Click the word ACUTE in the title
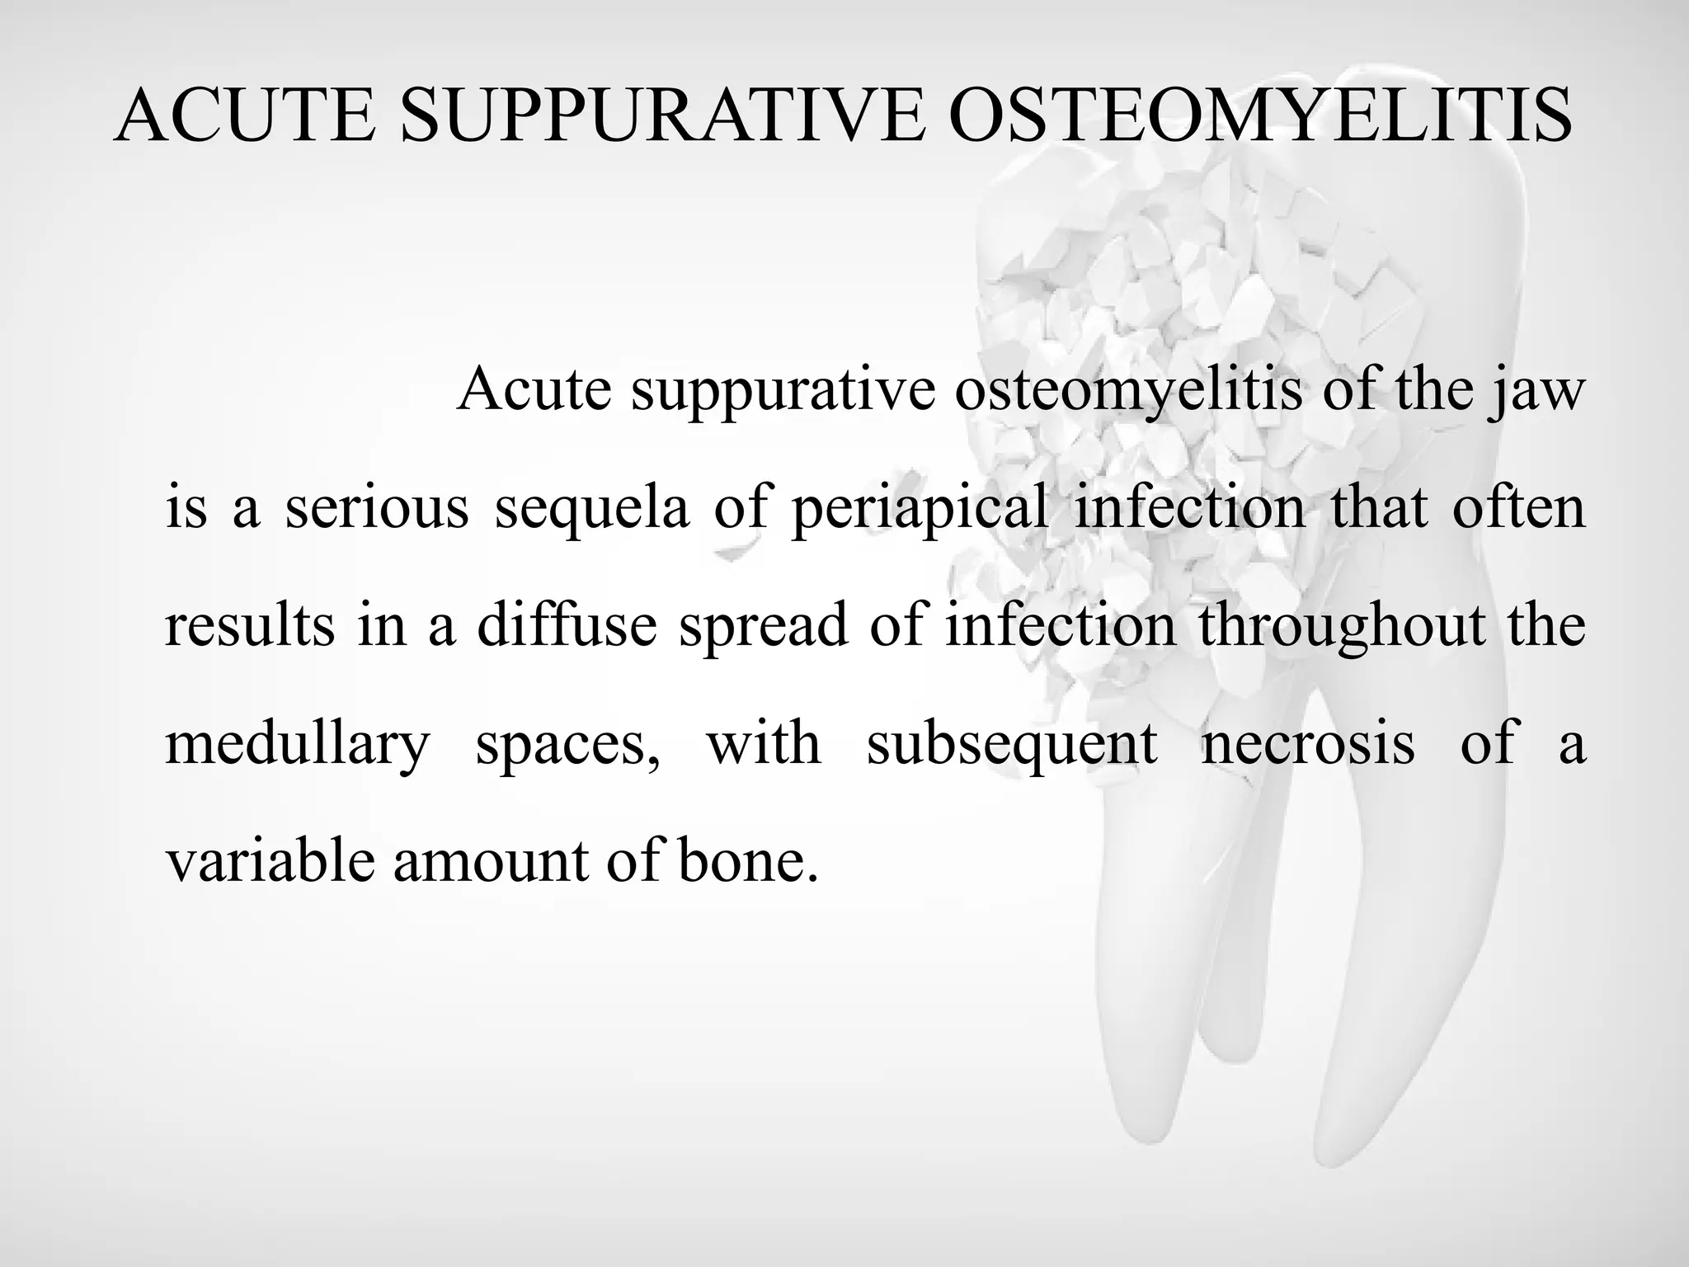click(x=245, y=117)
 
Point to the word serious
click(x=377, y=507)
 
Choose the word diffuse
click(x=567, y=624)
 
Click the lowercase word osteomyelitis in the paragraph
click(x=1128, y=391)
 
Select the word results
click(x=250, y=624)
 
